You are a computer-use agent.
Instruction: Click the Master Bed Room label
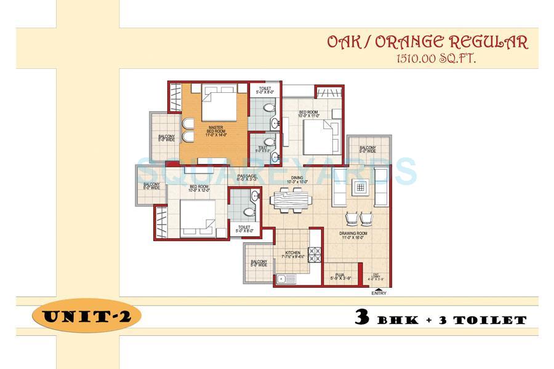pyautogui.click(x=215, y=130)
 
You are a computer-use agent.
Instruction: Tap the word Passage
pyautogui.click(x=247, y=177)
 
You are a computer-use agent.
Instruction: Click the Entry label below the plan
pyautogui.click(x=379, y=293)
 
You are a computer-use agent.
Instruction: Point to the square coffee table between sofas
pyautogui.click(x=361, y=187)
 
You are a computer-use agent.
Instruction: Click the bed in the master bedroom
pyautogui.click(x=218, y=103)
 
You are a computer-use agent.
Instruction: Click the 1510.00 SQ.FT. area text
pyautogui.click(x=431, y=59)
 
